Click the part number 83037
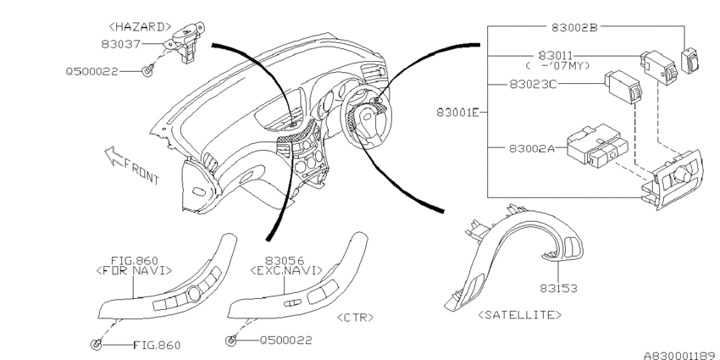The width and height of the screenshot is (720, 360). click(x=121, y=44)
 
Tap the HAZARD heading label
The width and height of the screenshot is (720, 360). click(x=140, y=27)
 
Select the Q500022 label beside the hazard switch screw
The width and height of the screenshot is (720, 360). click(x=91, y=72)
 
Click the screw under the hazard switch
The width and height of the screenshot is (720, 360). click(x=147, y=71)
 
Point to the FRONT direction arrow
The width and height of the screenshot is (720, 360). click(x=112, y=156)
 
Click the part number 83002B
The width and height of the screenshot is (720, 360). click(x=574, y=27)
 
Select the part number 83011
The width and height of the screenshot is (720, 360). click(x=556, y=56)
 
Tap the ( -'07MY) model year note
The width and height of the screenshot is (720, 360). click(x=557, y=66)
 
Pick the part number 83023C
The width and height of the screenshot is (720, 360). click(x=533, y=85)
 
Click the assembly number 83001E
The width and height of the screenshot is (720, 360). click(x=457, y=112)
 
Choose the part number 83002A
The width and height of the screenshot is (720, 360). click(x=532, y=148)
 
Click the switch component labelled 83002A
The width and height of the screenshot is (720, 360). click(x=597, y=145)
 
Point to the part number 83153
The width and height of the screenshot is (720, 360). click(x=558, y=288)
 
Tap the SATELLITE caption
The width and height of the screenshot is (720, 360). click(x=520, y=314)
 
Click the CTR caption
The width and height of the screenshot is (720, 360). click(x=355, y=318)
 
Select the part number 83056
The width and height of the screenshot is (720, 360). click(x=285, y=261)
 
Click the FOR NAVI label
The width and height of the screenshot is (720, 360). click(x=134, y=271)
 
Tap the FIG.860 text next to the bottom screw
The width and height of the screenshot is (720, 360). click(x=157, y=346)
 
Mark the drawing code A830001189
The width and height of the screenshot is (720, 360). click(x=681, y=356)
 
